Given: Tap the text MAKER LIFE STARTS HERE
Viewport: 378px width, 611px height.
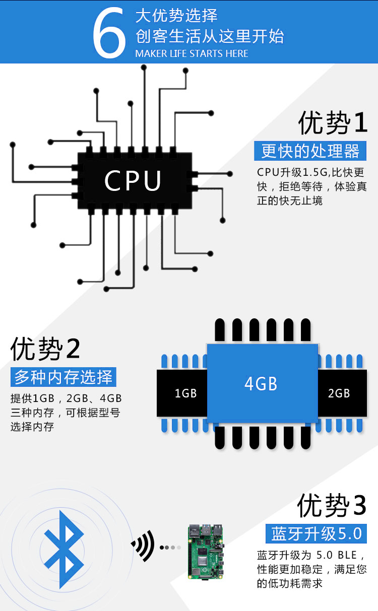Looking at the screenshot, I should pos(192,53).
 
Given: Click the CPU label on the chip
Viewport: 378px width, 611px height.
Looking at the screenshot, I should pos(133,181).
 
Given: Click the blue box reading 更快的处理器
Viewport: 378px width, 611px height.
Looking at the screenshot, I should pos(310,151).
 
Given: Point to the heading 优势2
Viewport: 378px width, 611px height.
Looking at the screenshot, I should pos(45,349).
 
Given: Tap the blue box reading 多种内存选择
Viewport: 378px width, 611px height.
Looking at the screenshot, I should pos(63,377).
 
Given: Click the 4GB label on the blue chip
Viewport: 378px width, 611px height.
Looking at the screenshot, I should pos(261,384).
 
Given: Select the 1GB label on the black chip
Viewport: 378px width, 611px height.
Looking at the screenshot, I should pos(185,393).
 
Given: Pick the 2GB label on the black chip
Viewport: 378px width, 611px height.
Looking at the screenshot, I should pos(339,393).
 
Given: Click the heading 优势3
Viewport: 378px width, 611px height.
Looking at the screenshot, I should pos(331,505).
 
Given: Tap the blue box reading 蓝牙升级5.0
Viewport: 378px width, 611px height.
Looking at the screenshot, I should pos(317,533).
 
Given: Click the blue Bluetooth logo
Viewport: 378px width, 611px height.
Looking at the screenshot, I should pos(64,549).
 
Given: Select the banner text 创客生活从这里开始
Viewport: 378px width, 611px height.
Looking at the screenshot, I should pos(209,36).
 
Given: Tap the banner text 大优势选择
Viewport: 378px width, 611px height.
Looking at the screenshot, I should pos(176,16).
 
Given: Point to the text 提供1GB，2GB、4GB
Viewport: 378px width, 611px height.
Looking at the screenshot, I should pos(66,399).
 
